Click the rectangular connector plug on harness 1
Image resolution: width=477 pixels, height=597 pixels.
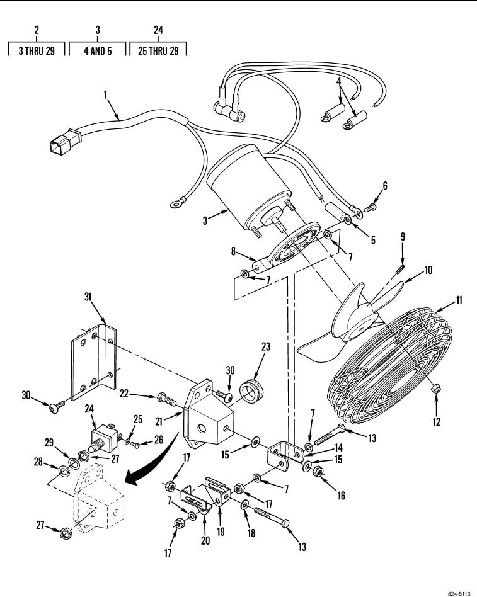pos(66,141)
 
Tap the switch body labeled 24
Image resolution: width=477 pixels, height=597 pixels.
pos(103,438)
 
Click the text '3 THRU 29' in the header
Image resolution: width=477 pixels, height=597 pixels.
pos(37,50)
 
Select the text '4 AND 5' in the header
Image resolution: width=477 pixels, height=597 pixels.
pos(98,50)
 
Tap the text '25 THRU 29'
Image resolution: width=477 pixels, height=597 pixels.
pos(158,50)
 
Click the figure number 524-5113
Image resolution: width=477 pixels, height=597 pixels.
pos(459,593)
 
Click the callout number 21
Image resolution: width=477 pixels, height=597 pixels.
pos(159,421)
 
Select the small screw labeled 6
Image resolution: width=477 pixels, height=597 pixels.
pos(370,208)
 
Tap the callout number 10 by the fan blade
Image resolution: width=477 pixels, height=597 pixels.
pos(428,270)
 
